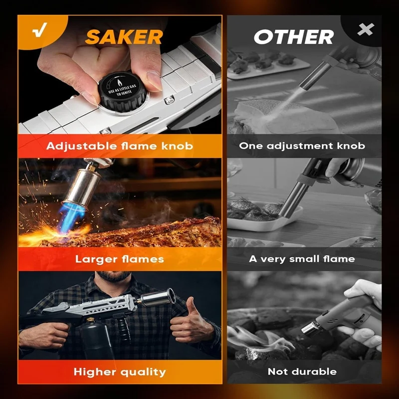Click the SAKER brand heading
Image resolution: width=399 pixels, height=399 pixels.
124,37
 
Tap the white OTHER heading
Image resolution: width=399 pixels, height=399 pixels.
294,37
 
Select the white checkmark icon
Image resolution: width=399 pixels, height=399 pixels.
40,30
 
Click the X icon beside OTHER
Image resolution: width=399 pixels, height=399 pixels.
366,29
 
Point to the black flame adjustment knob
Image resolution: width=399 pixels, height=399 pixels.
122,92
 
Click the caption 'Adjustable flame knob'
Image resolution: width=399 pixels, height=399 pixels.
120,146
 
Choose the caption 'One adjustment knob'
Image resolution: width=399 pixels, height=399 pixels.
302,146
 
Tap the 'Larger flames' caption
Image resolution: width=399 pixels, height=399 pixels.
120,259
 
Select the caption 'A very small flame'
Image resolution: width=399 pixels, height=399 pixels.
302,259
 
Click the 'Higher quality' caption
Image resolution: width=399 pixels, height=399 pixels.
120,372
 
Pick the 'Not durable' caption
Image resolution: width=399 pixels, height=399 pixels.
302,372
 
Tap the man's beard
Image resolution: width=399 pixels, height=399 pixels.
114,276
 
